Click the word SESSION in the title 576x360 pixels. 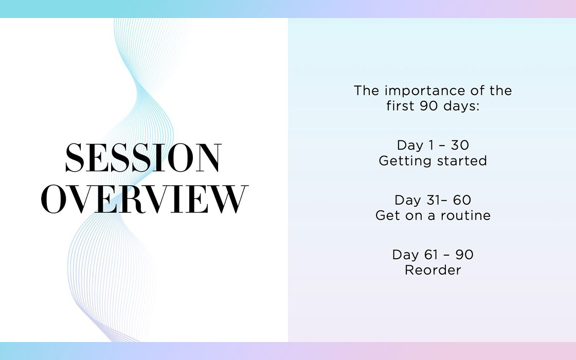pyautogui.click(x=143, y=157)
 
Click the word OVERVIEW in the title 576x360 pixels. pyautogui.click(x=145, y=199)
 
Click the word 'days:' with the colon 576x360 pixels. pyautogui.click(x=461, y=106)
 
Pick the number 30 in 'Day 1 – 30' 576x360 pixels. pyautogui.click(x=460, y=145)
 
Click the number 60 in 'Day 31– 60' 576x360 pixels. pyautogui.click(x=462, y=200)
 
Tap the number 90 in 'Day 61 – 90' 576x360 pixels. pyautogui.click(x=464, y=255)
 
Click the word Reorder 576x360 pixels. pyautogui.click(x=433, y=271)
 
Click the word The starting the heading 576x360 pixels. pyautogui.click(x=366, y=91)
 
